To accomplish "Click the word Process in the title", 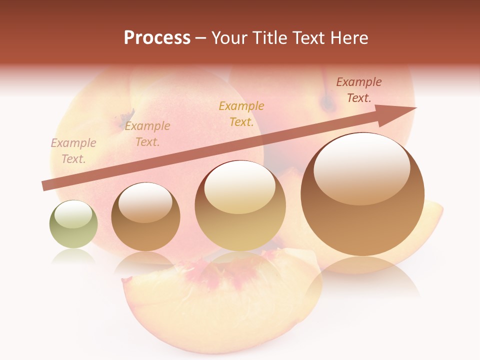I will coord(157,38).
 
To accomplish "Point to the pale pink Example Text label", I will coord(73,151).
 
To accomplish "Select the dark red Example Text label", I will coord(359,90).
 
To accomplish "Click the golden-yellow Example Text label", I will coord(241,114).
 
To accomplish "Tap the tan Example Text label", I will coord(147,134).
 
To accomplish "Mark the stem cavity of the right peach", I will coord(328,104).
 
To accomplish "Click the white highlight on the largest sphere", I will coord(361,167).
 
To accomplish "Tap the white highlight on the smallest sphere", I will coord(73,214).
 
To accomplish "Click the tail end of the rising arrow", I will coord(46,185).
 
